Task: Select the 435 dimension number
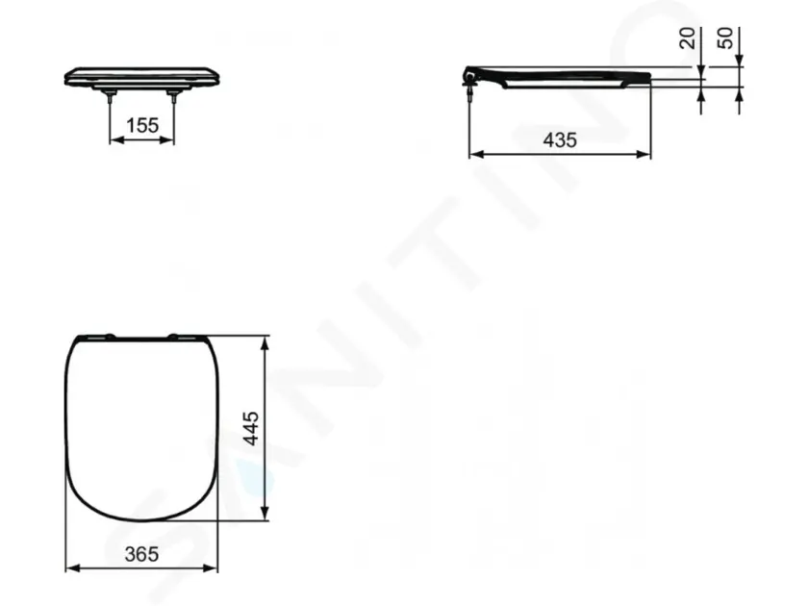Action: coord(560,140)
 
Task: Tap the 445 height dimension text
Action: coord(251,428)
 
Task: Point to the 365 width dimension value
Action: coord(141,554)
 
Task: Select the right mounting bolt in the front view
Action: coord(174,95)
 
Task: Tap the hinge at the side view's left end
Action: coord(471,76)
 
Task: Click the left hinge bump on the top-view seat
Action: coord(111,336)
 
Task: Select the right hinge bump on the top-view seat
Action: coord(174,336)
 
